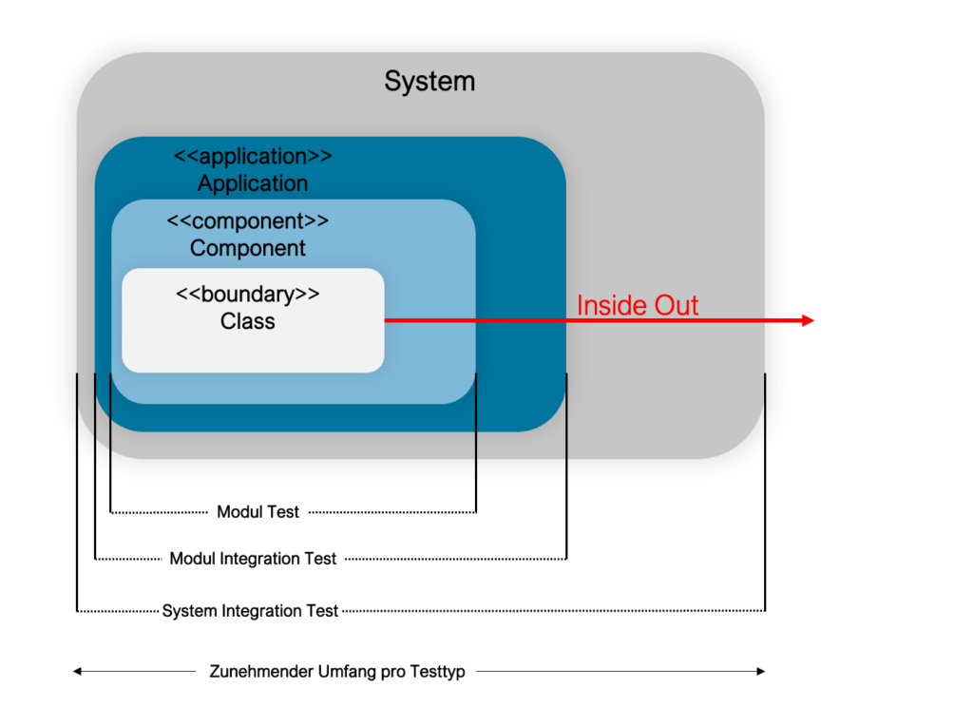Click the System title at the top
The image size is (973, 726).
coord(429,82)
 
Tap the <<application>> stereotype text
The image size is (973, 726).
coord(253,156)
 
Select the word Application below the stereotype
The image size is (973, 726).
coord(253,183)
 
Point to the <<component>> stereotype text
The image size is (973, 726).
coord(248,220)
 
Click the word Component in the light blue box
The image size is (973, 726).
coord(248,248)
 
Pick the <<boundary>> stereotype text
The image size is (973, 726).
coord(248,294)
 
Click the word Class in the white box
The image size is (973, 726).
coord(248,321)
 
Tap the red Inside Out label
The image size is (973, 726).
coord(638,305)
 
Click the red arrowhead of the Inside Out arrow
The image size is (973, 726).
coord(808,320)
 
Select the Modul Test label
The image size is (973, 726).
coord(258,512)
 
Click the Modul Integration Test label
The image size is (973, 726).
coord(253,559)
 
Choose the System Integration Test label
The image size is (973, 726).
coord(250,611)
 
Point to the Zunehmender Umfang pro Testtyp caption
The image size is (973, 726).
coord(337,672)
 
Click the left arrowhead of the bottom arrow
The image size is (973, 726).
coord(77,671)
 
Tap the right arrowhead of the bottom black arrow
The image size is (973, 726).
coord(761,671)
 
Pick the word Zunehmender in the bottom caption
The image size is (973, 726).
coord(261,672)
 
